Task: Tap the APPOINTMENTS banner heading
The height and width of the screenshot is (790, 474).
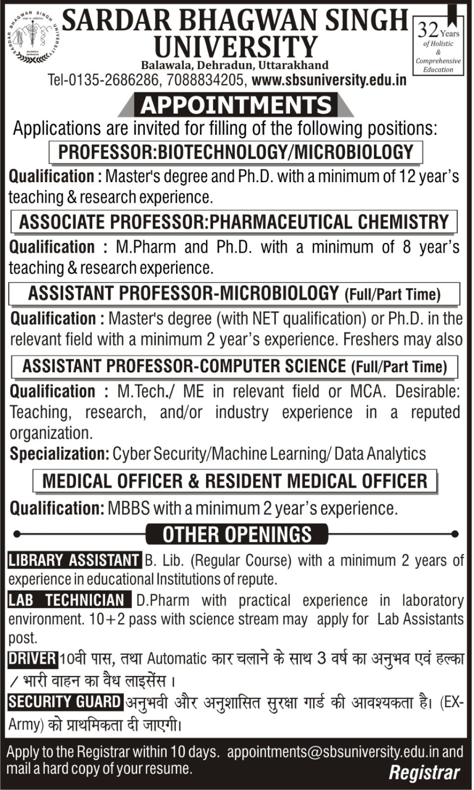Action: click(x=236, y=105)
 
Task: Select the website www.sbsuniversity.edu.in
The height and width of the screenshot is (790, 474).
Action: click(x=329, y=80)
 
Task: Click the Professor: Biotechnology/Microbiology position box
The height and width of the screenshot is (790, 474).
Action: click(x=235, y=152)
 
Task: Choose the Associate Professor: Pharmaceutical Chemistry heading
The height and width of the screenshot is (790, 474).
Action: click(x=234, y=222)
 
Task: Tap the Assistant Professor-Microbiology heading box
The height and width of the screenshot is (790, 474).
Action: click(x=234, y=293)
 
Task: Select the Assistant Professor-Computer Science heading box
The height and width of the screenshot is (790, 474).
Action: click(x=234, y=366)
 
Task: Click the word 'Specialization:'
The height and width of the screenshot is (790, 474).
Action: click(x=59, y=453)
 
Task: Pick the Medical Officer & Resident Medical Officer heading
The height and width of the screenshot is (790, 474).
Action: click(x=235, y=481)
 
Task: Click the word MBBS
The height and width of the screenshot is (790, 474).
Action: click(x=129, y=509)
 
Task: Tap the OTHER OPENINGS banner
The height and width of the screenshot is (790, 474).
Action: click(x=237, y=534)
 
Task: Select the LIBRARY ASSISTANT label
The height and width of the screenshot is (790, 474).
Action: click(x=74, y=561)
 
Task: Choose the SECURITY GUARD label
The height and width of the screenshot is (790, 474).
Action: click(x=65, y=702)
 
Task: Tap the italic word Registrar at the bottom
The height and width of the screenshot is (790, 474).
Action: click(x=424, y=773)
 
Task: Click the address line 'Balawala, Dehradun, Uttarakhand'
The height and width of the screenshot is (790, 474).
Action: click(x=235, y=64)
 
